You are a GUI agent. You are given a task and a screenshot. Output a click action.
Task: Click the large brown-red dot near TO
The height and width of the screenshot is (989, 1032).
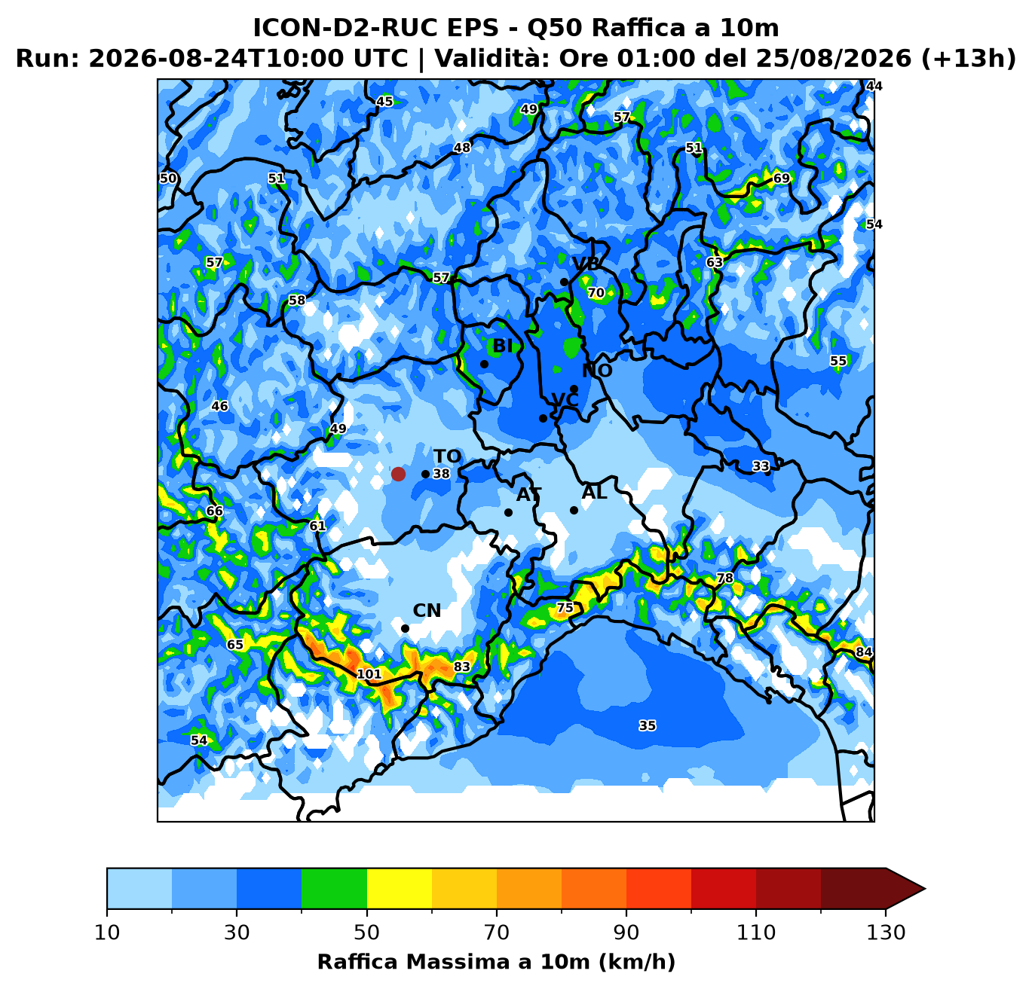[x=398, y=474]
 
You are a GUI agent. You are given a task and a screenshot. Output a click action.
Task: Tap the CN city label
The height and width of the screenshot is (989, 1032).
[x=427, y=611]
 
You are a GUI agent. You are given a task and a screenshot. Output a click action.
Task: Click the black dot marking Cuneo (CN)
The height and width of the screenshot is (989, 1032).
[x=405, y=629]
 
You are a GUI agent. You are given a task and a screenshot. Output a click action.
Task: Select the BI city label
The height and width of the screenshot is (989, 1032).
[x=503, y=346]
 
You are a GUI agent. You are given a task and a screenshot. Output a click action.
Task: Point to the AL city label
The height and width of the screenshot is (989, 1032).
[x=594, y=493]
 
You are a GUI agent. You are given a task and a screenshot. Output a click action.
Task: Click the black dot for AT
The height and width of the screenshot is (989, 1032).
[x=508, y=512]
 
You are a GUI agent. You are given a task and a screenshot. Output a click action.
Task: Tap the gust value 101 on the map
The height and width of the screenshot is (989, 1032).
[x=369, y=674]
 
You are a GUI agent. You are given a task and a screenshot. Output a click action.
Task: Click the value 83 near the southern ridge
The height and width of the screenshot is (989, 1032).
[x=462, y=667]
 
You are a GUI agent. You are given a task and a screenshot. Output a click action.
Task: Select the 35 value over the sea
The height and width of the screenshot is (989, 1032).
[x=647, y=725]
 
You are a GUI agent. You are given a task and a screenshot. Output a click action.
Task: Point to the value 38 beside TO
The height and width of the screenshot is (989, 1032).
[x=441, y=474]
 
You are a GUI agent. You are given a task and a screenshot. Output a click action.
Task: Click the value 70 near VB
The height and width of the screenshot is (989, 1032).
[x=596, y=292]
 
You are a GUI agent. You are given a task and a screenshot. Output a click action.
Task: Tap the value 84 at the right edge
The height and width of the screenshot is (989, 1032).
[x=864, y=652]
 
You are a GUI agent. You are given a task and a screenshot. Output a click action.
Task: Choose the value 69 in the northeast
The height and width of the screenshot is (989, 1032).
[x=781, y=178]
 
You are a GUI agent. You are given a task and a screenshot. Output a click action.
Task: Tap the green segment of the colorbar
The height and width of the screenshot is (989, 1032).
[x=334, y=888]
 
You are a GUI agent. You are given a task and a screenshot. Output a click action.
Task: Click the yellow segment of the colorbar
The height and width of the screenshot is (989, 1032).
[x=400, y=888]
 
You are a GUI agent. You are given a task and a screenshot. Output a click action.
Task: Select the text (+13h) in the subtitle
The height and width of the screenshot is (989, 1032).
[x=969, y=59]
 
